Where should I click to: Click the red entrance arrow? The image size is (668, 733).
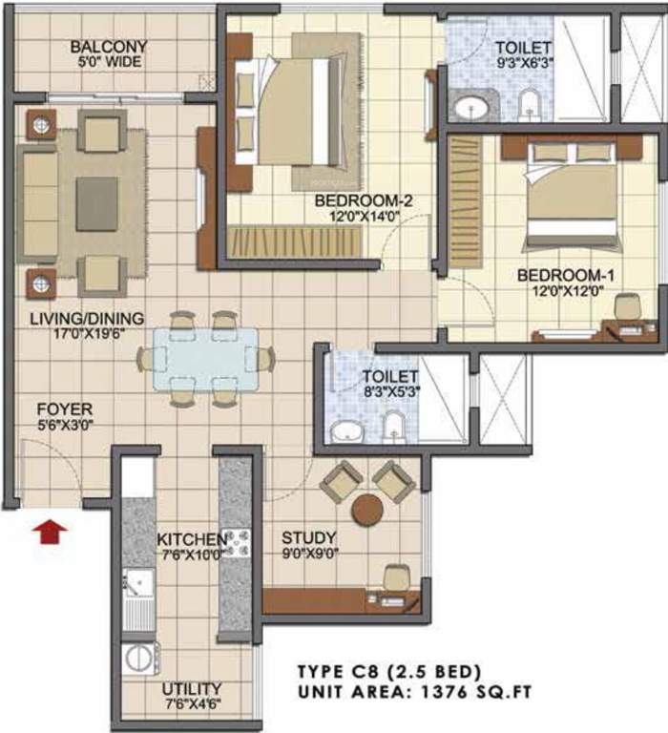(x=48, y=531)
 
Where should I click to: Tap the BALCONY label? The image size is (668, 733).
(x=108, y=46)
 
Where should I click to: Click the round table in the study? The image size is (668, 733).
(x=367, y=510)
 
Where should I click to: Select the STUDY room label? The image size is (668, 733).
(x=302, y=536)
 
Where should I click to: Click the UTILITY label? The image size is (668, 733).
(x=191, y=688)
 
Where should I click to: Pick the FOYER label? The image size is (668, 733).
(x=58, y=409)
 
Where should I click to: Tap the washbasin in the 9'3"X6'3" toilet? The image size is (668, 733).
(x=470, y=107)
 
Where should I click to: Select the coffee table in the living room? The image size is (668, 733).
(x=96, y=203)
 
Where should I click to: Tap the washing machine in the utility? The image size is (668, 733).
(x=141, y=659)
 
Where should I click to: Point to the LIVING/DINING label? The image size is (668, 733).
(x=86, y=318)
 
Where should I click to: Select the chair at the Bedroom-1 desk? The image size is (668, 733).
(x=627, y=307)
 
